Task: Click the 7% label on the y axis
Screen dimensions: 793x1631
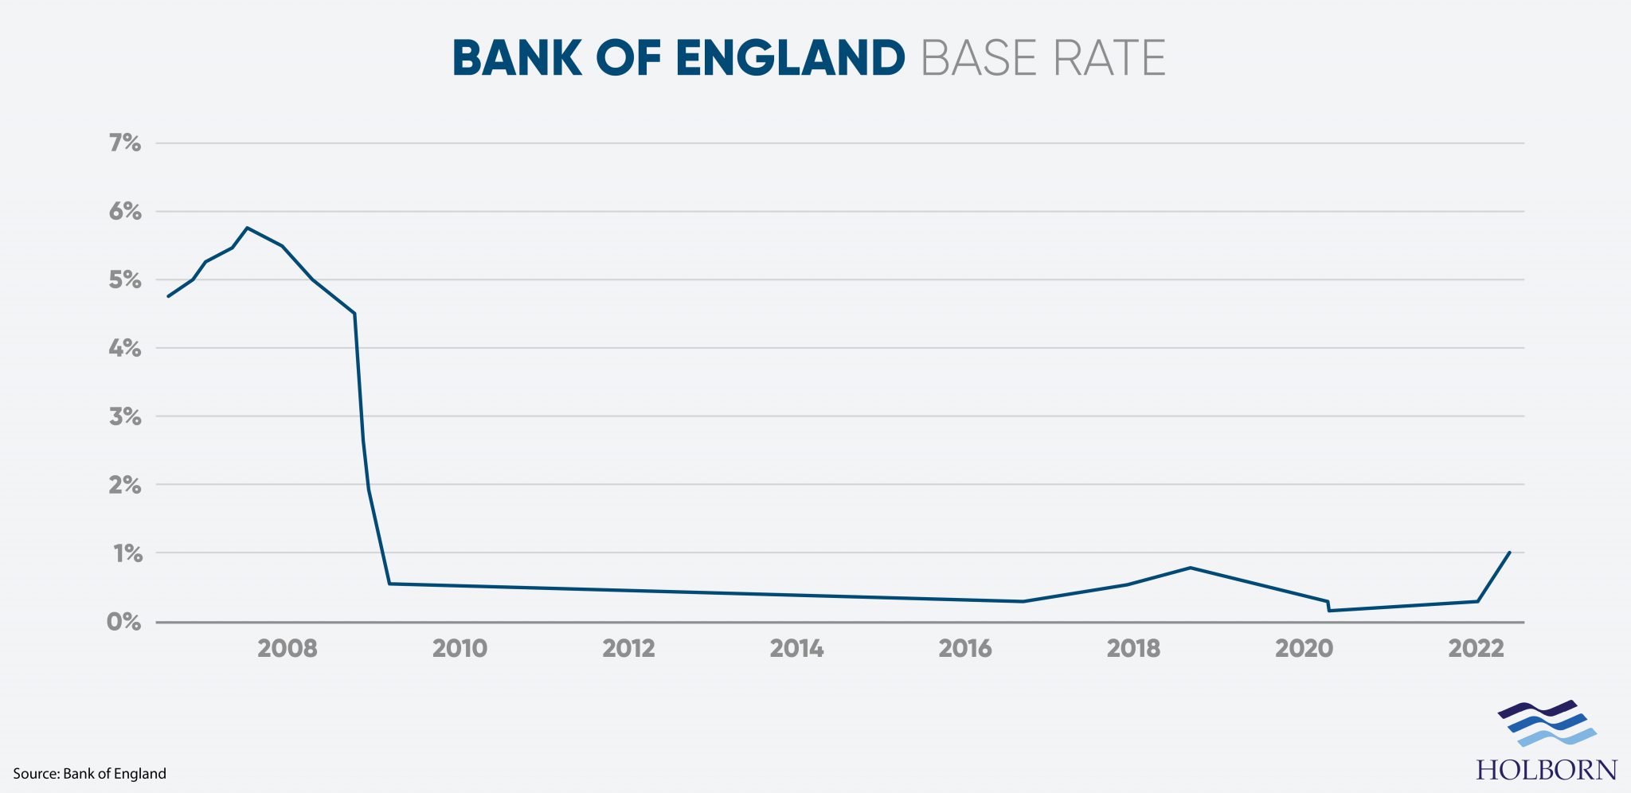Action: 125,143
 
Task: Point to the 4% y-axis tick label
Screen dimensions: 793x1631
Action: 125,348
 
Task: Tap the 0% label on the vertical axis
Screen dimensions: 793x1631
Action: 124,622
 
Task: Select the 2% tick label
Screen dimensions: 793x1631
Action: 125,485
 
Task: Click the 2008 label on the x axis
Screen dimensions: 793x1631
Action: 287,649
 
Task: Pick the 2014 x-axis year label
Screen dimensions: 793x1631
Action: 796,649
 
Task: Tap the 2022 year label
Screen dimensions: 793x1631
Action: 1476,649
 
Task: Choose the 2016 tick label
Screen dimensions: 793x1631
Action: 965,649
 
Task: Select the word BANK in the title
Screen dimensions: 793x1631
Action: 517,58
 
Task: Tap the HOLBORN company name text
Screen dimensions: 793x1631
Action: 1547,770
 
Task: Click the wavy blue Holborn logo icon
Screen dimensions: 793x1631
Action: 1547,723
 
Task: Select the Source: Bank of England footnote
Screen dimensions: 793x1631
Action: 89,774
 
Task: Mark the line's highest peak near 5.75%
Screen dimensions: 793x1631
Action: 248,228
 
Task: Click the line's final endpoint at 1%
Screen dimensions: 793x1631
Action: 1510,552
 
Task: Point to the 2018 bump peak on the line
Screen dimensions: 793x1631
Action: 1190,568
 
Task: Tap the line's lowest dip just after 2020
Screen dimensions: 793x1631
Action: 1330,611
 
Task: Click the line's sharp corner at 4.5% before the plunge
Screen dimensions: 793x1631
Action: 354,314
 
